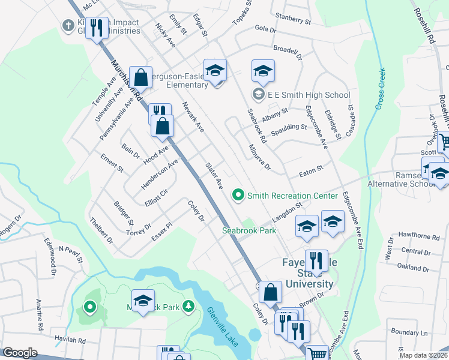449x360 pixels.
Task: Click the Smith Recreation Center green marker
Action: click(x=238, y=195)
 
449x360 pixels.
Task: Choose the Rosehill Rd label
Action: click(x=424, y=28)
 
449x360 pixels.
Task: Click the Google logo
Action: click(x=20, y=353)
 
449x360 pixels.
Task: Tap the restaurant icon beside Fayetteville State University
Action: click(x=315, y=260)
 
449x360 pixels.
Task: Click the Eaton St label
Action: click(x=311, y=172)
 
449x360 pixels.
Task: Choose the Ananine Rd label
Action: click(x=40, y=315)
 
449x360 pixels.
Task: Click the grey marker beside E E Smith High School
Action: click(x=258, y=94)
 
